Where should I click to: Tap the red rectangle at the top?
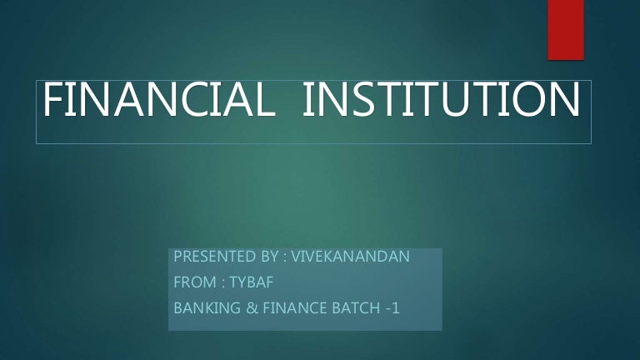[566, 29]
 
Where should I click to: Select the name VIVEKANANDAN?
[353, 257]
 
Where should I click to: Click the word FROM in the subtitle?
[192, 282]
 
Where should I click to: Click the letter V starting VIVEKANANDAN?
[297, 257]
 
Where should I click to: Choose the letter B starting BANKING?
[177, 308]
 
